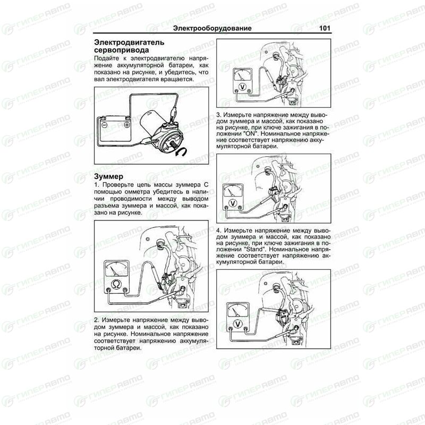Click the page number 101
325,28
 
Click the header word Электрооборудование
212,28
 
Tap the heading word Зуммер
108,176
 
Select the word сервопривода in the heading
121,50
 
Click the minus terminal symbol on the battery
104,125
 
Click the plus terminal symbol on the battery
126,125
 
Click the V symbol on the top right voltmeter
243,87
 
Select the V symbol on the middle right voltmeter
233,203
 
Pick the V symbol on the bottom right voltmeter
237,324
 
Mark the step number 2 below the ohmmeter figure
96,320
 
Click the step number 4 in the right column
219,231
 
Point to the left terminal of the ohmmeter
109,291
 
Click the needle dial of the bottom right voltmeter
237,310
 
